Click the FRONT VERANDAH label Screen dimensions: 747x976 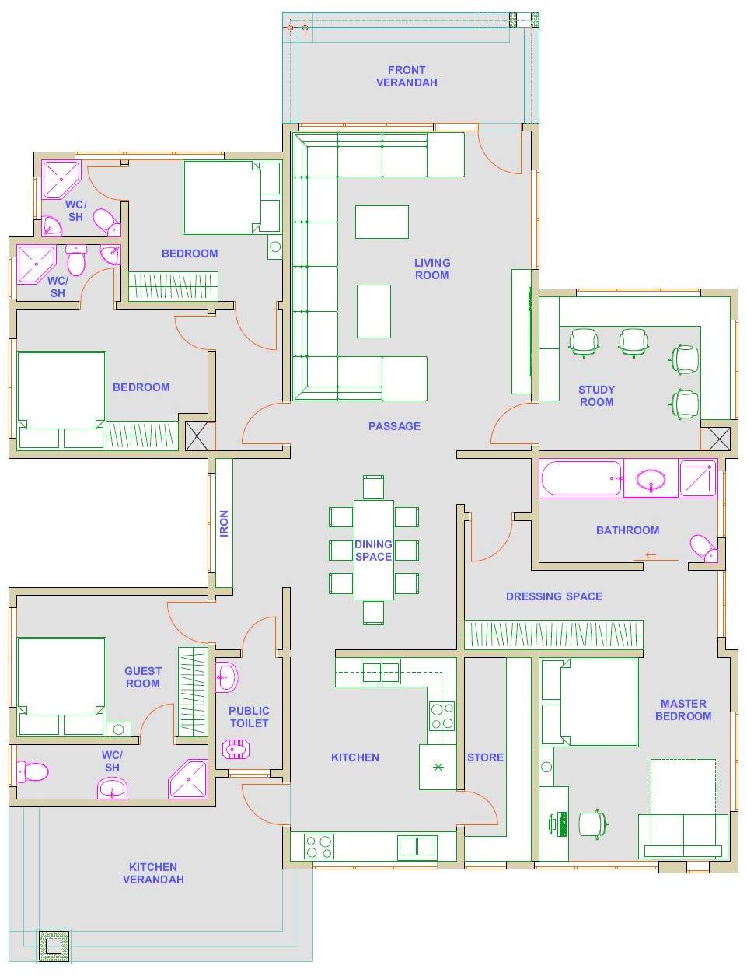click(407, 76)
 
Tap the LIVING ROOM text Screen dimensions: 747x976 click(432, 268)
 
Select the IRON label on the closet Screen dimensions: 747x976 click(224, 523)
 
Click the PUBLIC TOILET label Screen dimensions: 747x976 click(249, 717)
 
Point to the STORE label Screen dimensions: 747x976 click(485, 757)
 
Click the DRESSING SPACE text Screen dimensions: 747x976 click(554, 596)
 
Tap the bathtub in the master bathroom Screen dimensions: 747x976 click(581, 478)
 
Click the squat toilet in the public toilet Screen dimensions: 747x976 click(236, 749)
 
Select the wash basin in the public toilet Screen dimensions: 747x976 click(227, 676)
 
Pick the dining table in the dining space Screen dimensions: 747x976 click(373, 550)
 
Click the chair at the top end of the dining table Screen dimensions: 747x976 click(373, 487)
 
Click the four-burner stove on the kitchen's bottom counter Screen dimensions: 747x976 click(319, 847)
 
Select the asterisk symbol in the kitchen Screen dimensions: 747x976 click(438, 767)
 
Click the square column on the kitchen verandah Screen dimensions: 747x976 click(54, 946)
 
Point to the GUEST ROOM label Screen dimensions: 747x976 click(143, 677)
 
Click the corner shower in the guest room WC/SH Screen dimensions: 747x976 click(188, 778)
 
